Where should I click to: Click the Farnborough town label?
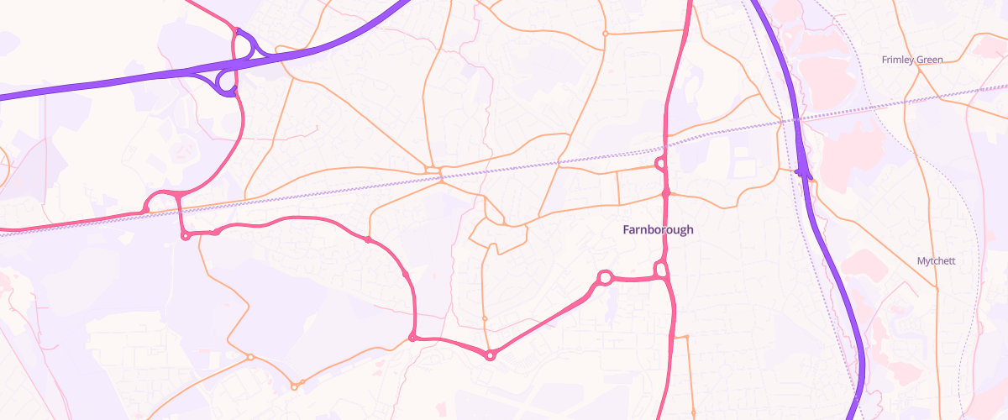click(x=659, y=229)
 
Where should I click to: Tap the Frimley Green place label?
click(x=912, y=60)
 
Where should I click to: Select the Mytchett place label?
click(x=936, y=261)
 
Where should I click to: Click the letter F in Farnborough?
click(x=627, y=229)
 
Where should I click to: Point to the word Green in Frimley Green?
click(x=929, y=60)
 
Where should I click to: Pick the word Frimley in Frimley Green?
click(x=897, y=60)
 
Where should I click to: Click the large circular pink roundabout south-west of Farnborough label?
click(x=603, y=277)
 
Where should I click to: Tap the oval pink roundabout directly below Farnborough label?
click(x=660, y=270)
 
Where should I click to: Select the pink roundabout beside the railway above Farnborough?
click(x=660, y=163)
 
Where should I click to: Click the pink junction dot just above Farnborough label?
click(x=665, y=193)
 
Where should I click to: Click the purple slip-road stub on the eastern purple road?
click(x=803, y=171)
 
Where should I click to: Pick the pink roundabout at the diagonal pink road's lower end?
click(x=491, y=355)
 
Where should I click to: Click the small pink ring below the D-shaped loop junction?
click(x=185, y=236)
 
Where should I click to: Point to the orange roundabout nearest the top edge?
click(x=605, y=34)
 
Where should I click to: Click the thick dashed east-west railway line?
click(x=336, y=189)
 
